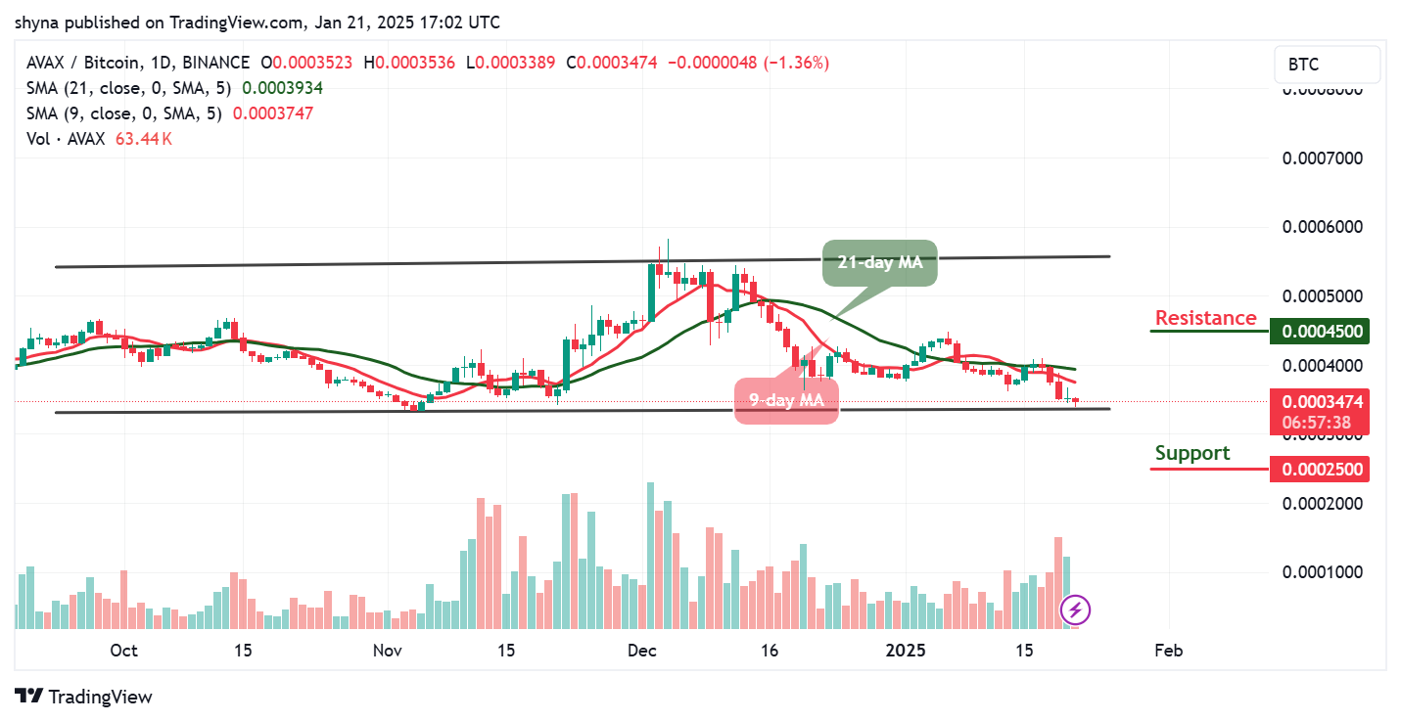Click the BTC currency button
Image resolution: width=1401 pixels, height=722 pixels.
(x=1326, y=65)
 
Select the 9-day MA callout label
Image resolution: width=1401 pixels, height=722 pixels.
(x=787, y=399)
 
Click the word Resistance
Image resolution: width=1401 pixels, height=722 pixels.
(x=1205, y=318)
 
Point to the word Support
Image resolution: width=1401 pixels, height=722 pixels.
(x=1191, y=453)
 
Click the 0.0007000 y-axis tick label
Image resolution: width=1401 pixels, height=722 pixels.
(x=1322, y=158)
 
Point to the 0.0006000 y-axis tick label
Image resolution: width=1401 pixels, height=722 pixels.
(x=1322, y=227)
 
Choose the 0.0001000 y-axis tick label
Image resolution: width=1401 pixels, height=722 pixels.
(x=1322, y=571)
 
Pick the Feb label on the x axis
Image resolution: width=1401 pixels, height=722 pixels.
(x=1168, y=651)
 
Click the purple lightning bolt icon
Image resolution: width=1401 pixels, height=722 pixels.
(x=1076, y=610)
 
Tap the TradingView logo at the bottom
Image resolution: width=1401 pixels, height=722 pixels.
(x=85, y=697)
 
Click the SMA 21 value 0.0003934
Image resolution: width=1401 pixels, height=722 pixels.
(x=282, y=88)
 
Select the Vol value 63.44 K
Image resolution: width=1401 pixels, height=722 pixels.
(x=143, y=139)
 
